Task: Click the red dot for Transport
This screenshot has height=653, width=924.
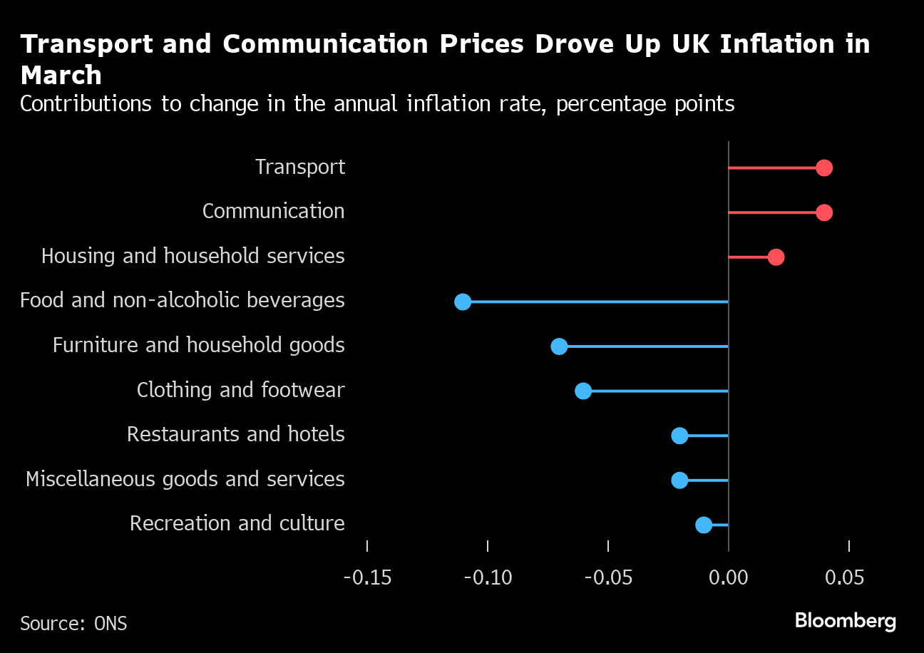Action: [x=824, y=168]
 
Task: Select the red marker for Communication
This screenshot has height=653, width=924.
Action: [x=824, y=212]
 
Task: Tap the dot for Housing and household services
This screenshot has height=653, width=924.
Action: [x=776, y=257]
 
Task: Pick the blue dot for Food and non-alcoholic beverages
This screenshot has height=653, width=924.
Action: [x=463, y=302]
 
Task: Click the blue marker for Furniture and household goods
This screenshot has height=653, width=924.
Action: [x=559, y=346]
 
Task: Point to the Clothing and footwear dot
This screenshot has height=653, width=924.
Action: [x=583, y=391]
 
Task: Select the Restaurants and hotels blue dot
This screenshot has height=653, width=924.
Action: [x=679, y=436]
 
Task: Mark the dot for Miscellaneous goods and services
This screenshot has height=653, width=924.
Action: [x=679, y=480]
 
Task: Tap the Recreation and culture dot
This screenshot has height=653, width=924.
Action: [x=704, y=525]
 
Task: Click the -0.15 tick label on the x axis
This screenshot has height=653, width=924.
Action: [x=367, y=577]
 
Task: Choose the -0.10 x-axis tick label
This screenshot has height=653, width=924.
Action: [x=488, y=577]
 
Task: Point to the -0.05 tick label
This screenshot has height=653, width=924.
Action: [x=608, y=577]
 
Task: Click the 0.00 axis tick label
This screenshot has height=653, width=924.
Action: [x=729, y=577]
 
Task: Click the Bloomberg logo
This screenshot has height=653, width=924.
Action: [x=845, y=621]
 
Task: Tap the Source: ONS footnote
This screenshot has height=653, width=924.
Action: [x=73, y=624]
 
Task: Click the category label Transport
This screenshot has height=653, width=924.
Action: [x=300, y=167]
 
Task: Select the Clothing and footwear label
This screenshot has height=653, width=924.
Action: [x=240, y=390]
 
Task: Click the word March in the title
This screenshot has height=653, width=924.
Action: [x=61, y=75]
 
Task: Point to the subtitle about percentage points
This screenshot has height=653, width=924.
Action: [x=377, y=104]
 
